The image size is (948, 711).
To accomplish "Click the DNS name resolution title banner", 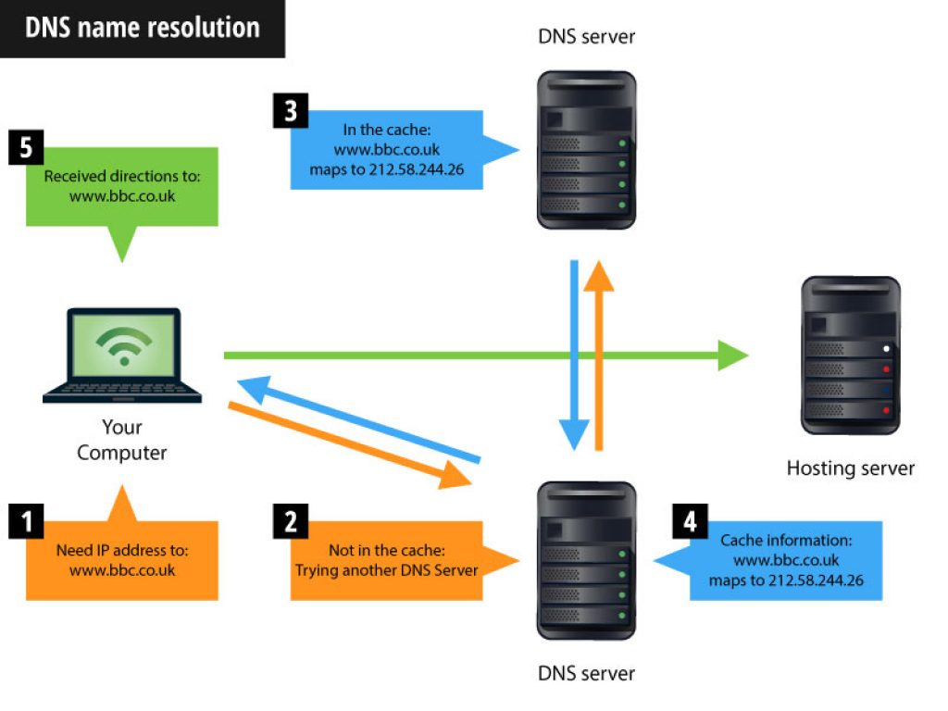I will click(x=142, y=28).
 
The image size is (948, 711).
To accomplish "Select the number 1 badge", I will click(x=26, y=521).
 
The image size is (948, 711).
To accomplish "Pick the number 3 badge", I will click(x=291, y=111).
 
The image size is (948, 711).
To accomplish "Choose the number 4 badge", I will click(x=690, y=521).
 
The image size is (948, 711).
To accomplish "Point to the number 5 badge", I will click(x=26, y=148).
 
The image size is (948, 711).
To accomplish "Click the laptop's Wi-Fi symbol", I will click(x=122, y=347).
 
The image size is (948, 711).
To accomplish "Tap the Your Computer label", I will click(x=122, y=440).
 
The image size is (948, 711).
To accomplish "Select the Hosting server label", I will click(x=850, y=468).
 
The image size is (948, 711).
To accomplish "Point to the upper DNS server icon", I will click(x=587, y=150).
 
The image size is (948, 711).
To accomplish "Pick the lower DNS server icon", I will click(x=587, y=560).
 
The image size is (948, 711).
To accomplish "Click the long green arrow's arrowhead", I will click(x=734, y=355).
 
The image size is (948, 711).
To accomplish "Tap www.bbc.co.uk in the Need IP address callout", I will click(x=121, y=570).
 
